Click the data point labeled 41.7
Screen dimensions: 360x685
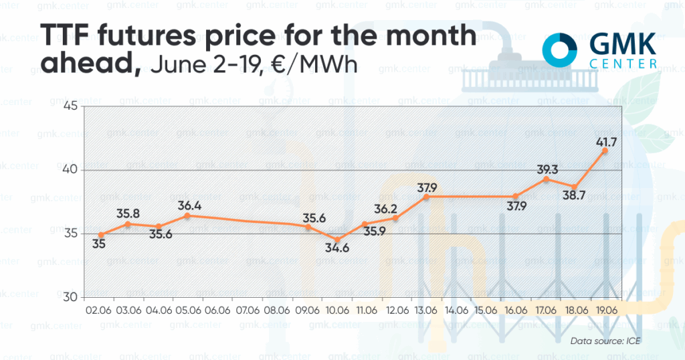click(x=605, y=151)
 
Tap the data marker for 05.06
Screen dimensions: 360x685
click(x=188, y=215)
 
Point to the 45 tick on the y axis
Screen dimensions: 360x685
click(x=70, y=106)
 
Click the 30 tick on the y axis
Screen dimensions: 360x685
click(x=70, y=297)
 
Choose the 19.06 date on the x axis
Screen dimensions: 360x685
click(x=605, y=312)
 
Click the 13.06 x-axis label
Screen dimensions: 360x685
click(x=427, y=312)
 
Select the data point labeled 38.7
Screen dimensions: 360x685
click(x=575, y=187)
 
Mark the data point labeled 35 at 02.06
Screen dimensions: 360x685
click(x=100, y=235)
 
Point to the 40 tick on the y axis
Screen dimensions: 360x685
click(x=70, y=170)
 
